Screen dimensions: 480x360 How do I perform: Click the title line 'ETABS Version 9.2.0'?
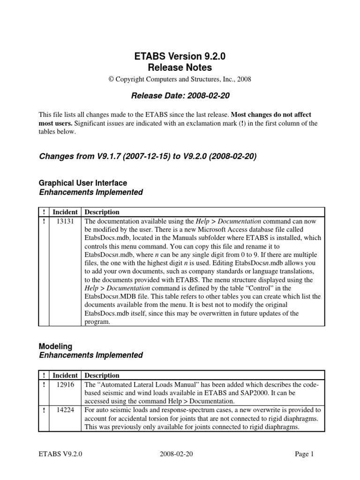coord(180,57)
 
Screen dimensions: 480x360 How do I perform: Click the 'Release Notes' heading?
coord(180,68)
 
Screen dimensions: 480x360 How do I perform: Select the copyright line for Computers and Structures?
coord(180,79)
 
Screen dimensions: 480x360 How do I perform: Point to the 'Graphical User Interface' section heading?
coord(82,183)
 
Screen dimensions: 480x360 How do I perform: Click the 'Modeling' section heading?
coord(55,346)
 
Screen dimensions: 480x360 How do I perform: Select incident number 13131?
coord(65,221)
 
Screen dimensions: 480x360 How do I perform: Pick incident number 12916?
coord(65,384)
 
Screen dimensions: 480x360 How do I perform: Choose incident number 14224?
coord(65,410)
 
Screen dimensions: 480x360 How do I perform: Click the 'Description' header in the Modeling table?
coord(102,375)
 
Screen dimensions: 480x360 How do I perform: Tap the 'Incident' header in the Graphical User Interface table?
coord(65,212)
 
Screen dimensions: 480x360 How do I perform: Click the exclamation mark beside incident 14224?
coord(44,410)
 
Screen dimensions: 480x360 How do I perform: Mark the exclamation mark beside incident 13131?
coord(44,221)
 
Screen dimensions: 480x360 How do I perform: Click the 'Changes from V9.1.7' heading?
coord(147,157)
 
